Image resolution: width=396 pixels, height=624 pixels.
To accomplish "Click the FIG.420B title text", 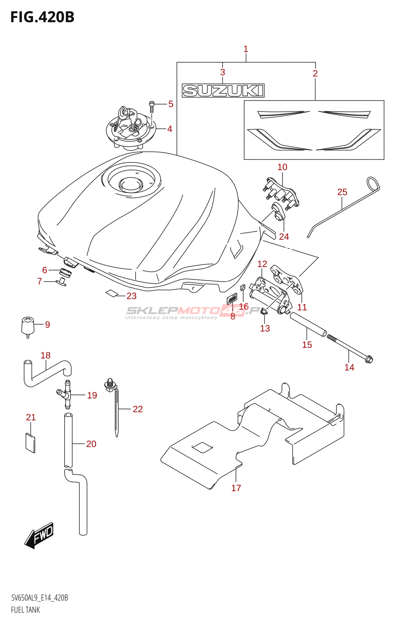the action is pyautogui.click(x=42, y=17).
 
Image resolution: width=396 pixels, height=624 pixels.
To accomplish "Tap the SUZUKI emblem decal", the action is pyautogui.click(x=223, y=90).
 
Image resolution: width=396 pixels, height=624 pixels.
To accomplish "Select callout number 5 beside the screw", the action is pyautogui.click(x=171, y=104).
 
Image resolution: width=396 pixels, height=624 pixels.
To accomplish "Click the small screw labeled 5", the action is pyautogui.click(x=152, y=106).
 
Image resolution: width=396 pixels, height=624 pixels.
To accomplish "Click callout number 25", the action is pyautogui.click(x=342, y=192).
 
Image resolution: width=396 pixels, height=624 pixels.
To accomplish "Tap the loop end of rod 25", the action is pyautogui.click(x=373, y=184).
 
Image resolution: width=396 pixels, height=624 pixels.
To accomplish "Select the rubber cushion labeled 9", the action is pyautogui.click(x=28, y=326).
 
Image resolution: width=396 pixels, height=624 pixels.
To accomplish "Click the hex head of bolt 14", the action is pyautogui.click(x=369, y=360).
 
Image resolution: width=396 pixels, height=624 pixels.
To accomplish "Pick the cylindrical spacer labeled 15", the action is pyautogui.click(x=308, y=324).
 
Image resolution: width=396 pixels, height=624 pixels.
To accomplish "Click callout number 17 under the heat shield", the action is pyautogui.click(x=236, y=488).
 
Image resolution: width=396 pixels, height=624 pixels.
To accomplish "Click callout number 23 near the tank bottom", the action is pyautogui.click(x=131, y=296).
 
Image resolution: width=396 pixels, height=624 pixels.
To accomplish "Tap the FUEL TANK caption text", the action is pyautogui.click(x=25, y=610).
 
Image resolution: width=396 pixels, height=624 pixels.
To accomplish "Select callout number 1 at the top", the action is pyautogui.click(x=246, y=49).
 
